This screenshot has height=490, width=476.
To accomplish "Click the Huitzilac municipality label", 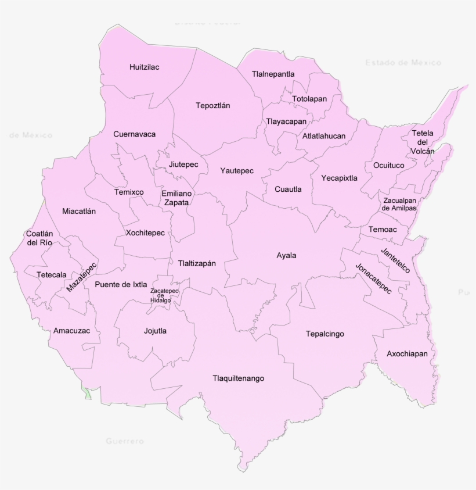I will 145,67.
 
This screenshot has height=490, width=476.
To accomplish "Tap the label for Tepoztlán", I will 213,106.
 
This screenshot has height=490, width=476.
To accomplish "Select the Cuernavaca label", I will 135,134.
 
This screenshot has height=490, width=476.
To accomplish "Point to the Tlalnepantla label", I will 273,74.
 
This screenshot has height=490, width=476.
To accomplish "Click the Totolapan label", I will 309,99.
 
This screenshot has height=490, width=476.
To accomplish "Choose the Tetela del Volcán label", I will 423,142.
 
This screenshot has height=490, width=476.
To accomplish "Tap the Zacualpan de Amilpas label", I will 399,204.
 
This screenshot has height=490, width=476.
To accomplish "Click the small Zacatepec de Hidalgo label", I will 164,295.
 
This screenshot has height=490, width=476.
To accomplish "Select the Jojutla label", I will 155,331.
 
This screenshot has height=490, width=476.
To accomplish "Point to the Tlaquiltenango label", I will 239,378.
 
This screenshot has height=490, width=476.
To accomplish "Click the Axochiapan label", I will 408,354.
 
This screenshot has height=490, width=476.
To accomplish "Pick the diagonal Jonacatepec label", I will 374,278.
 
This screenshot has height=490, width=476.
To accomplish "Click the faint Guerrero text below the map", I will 125,441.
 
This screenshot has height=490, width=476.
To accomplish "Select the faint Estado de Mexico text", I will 403,62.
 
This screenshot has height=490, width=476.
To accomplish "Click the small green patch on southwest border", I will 86,394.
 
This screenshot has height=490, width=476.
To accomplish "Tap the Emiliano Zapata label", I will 175,198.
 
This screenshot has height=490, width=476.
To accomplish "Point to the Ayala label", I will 286,255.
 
